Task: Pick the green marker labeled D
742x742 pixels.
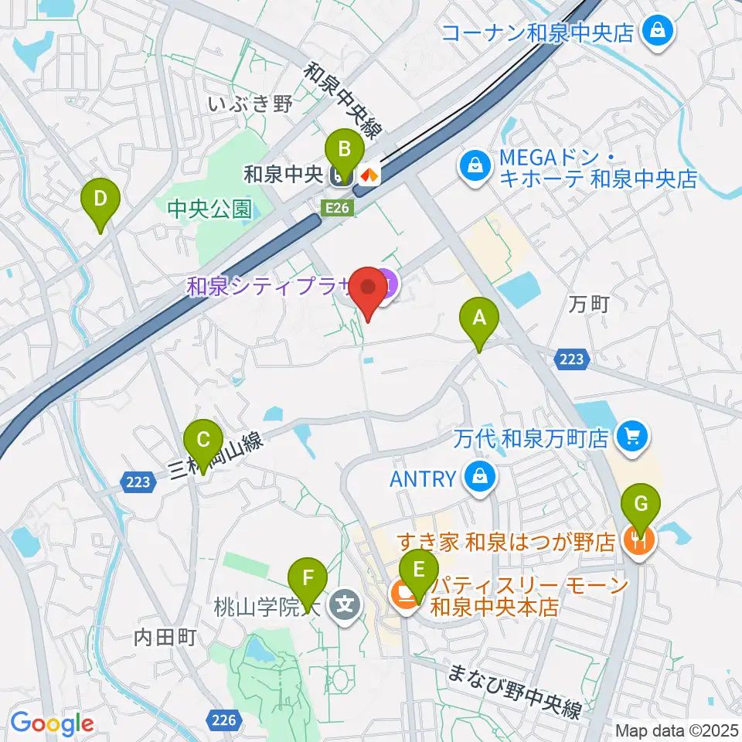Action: [100, 201]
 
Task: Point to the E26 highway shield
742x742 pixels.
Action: [339, 207]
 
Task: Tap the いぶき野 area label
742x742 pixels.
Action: [250, 104]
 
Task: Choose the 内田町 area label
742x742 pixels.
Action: [166, 638]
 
